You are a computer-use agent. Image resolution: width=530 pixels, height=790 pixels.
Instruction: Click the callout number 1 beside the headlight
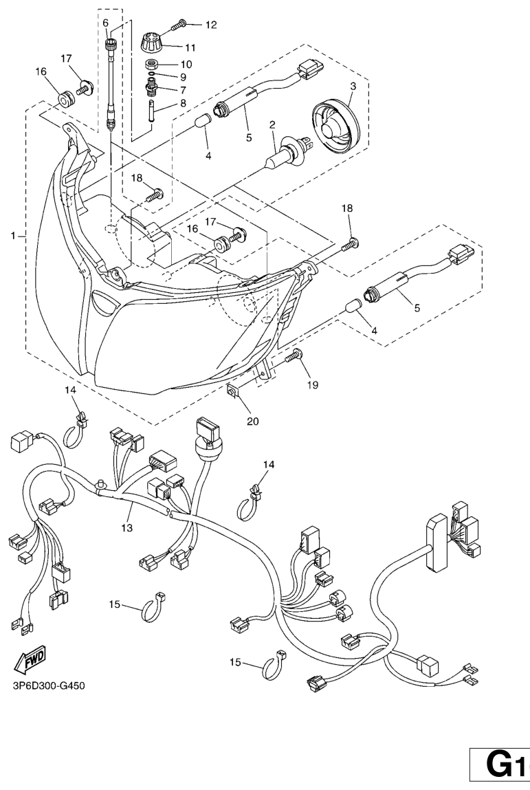coord(13,236)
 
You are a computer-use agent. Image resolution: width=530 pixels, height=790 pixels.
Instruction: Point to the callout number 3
coord(353,87)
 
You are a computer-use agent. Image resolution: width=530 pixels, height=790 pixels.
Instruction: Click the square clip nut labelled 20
coord(233,391)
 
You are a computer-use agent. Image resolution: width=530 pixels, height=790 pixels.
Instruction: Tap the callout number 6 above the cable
coord(106,23)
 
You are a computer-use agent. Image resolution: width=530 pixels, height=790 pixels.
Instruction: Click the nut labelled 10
coord(152,63)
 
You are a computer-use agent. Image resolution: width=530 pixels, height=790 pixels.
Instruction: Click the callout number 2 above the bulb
coord(272,124)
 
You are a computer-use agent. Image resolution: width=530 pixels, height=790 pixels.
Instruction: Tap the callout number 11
coord(190,47)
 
